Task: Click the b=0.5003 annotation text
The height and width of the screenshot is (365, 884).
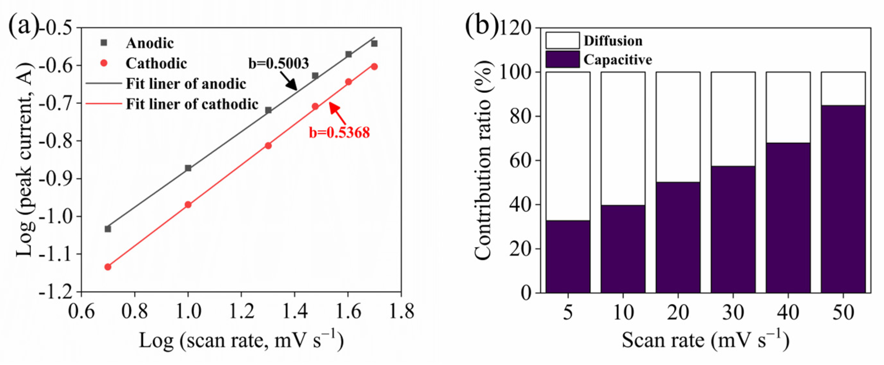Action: click(278, 64)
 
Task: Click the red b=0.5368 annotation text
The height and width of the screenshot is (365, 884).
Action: click(339, 132)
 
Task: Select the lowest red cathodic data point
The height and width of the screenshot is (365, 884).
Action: click(108, 267)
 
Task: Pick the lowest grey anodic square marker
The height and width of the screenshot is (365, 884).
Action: click(108, 229)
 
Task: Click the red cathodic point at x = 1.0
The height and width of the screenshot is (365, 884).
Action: click(188, 205)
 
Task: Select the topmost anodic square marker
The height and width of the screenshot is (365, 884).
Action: click(374, 44)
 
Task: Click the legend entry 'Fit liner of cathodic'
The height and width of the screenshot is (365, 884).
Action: click(191, 104)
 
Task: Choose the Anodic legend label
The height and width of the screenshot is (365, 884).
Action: click(149, 43)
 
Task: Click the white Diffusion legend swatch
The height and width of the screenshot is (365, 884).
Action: click(562, 40)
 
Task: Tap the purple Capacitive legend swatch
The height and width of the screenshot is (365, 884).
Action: click(562, 59)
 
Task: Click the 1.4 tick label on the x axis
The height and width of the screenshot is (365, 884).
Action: click(294, 311)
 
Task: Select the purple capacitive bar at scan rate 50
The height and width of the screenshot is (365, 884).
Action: click(843, 199)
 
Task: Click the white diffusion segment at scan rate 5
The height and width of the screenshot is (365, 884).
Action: click(568, 146)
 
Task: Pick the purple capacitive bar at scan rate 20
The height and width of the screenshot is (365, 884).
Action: click(678, 237)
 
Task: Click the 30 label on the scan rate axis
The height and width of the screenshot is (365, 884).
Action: click(733, 312)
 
